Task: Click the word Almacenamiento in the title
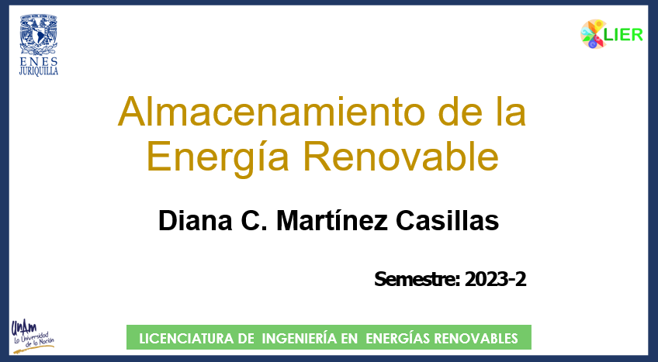point(274,111)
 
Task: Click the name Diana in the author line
point(195,220)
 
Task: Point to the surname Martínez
point(332,220)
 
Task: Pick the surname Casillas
point(448,220)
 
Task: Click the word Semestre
point(417,279)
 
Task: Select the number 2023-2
point(496,279)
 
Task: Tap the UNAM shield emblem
point(39,34)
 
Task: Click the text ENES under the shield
point(39,61)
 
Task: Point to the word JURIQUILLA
point(39,71)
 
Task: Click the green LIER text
point(624,35)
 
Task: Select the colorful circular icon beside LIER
point(593,34)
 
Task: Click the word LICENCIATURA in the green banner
point(196,338)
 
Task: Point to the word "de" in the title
point(464,111)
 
